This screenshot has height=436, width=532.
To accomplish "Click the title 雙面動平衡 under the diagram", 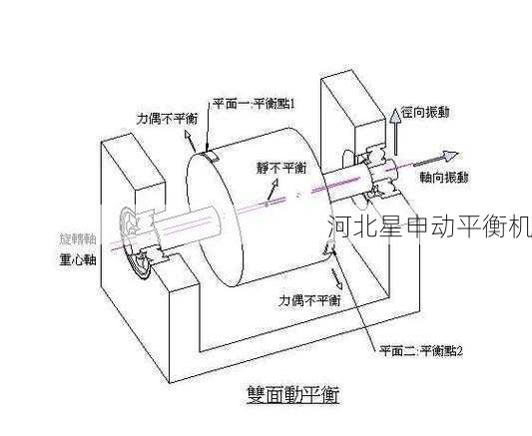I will tap(292, 394).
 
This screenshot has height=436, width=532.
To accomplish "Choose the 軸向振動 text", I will tap(445, 177).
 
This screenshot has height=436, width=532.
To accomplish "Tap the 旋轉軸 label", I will tap(78, 239).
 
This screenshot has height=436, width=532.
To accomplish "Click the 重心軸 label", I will tap(78, 262).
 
